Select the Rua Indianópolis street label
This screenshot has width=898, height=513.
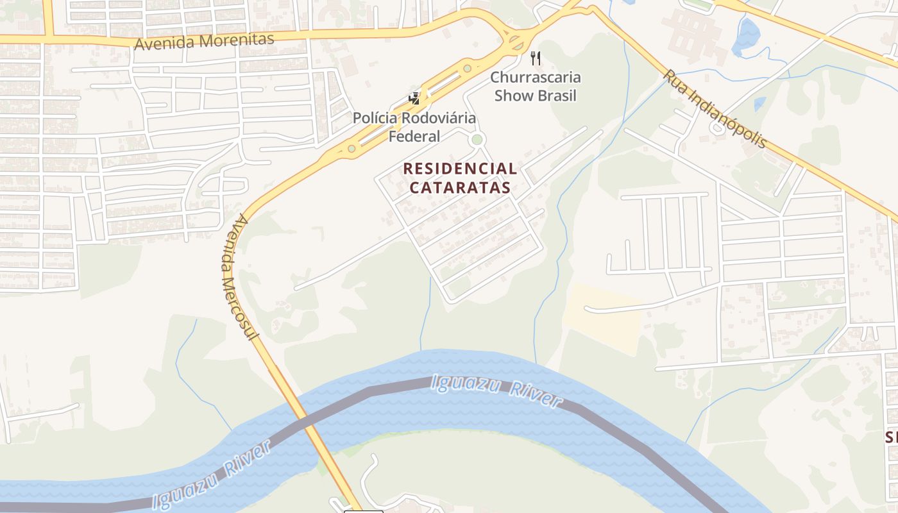[715, 108]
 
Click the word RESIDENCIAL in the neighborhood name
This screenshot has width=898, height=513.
[460, 169]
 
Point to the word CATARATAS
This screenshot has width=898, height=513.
[460, 187]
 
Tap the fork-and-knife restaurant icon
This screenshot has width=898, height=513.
[536, 58]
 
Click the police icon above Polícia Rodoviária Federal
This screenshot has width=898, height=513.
[414, 99]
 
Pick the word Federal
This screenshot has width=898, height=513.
[414, 136]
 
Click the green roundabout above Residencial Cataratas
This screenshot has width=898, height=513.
[476, 139]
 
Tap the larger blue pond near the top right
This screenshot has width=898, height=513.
[745, 36]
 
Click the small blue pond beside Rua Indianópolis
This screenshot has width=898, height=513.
[760, 103]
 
